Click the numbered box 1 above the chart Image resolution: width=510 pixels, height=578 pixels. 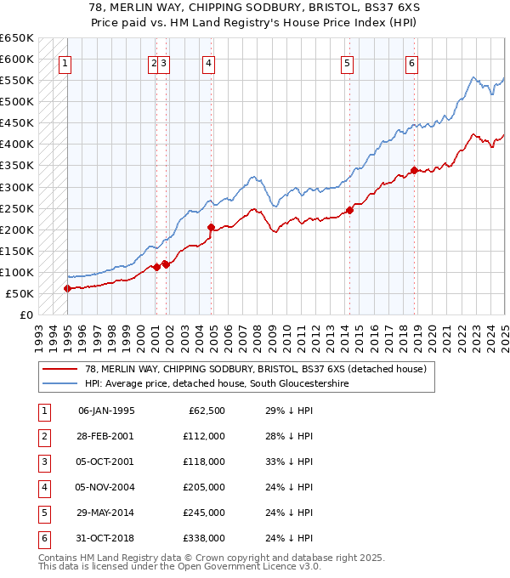click(x=65, y=62)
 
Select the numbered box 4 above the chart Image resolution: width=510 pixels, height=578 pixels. click(x=208, y=62)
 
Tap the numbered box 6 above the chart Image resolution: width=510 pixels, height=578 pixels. click(x=411, y=62)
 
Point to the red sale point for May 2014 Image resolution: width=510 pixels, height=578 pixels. click(x=349, y=210)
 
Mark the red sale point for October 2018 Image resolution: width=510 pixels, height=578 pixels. click(x=414, y=170)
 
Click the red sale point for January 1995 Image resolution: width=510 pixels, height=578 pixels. click(x=67, y=288)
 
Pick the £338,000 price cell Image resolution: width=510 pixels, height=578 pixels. click(x=204, y=538)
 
